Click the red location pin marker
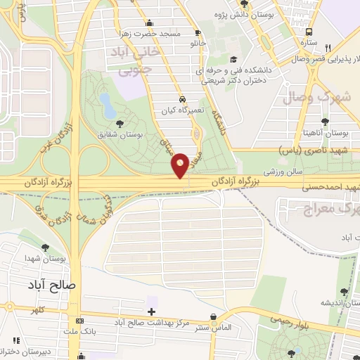coord(181,165)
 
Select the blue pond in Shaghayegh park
coord(108,105)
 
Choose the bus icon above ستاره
coord(309,32)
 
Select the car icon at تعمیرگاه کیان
coord(183,100)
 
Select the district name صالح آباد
coord(53,285)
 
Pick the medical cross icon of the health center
coord(151,311)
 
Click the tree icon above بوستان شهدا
coord(46,248)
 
